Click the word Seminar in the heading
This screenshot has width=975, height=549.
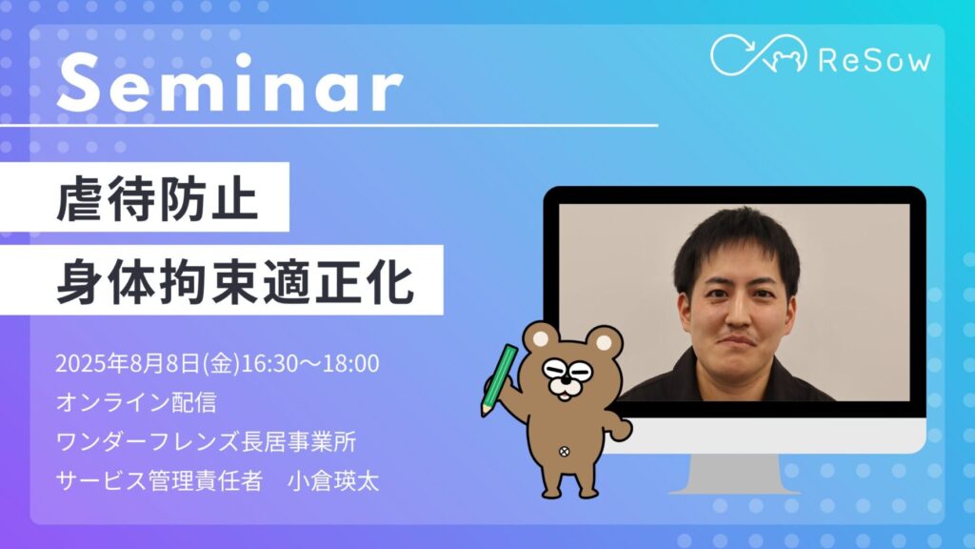230,83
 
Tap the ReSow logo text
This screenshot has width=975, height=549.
874,60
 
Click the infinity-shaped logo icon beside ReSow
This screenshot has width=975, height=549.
759,54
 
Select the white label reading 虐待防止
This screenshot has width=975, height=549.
145,197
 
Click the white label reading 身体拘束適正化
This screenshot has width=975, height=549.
221,280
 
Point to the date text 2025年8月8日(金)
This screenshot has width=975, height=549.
148,363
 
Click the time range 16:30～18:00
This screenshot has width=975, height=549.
310,363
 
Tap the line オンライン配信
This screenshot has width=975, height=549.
136,402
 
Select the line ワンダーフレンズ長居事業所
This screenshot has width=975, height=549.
206,441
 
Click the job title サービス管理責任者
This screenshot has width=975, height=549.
159,480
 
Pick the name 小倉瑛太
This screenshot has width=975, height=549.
333,480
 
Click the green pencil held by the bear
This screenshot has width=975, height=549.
499,379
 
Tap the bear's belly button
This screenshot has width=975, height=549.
564,452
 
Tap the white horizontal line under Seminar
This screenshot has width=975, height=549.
328,125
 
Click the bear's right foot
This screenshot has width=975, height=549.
586,490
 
